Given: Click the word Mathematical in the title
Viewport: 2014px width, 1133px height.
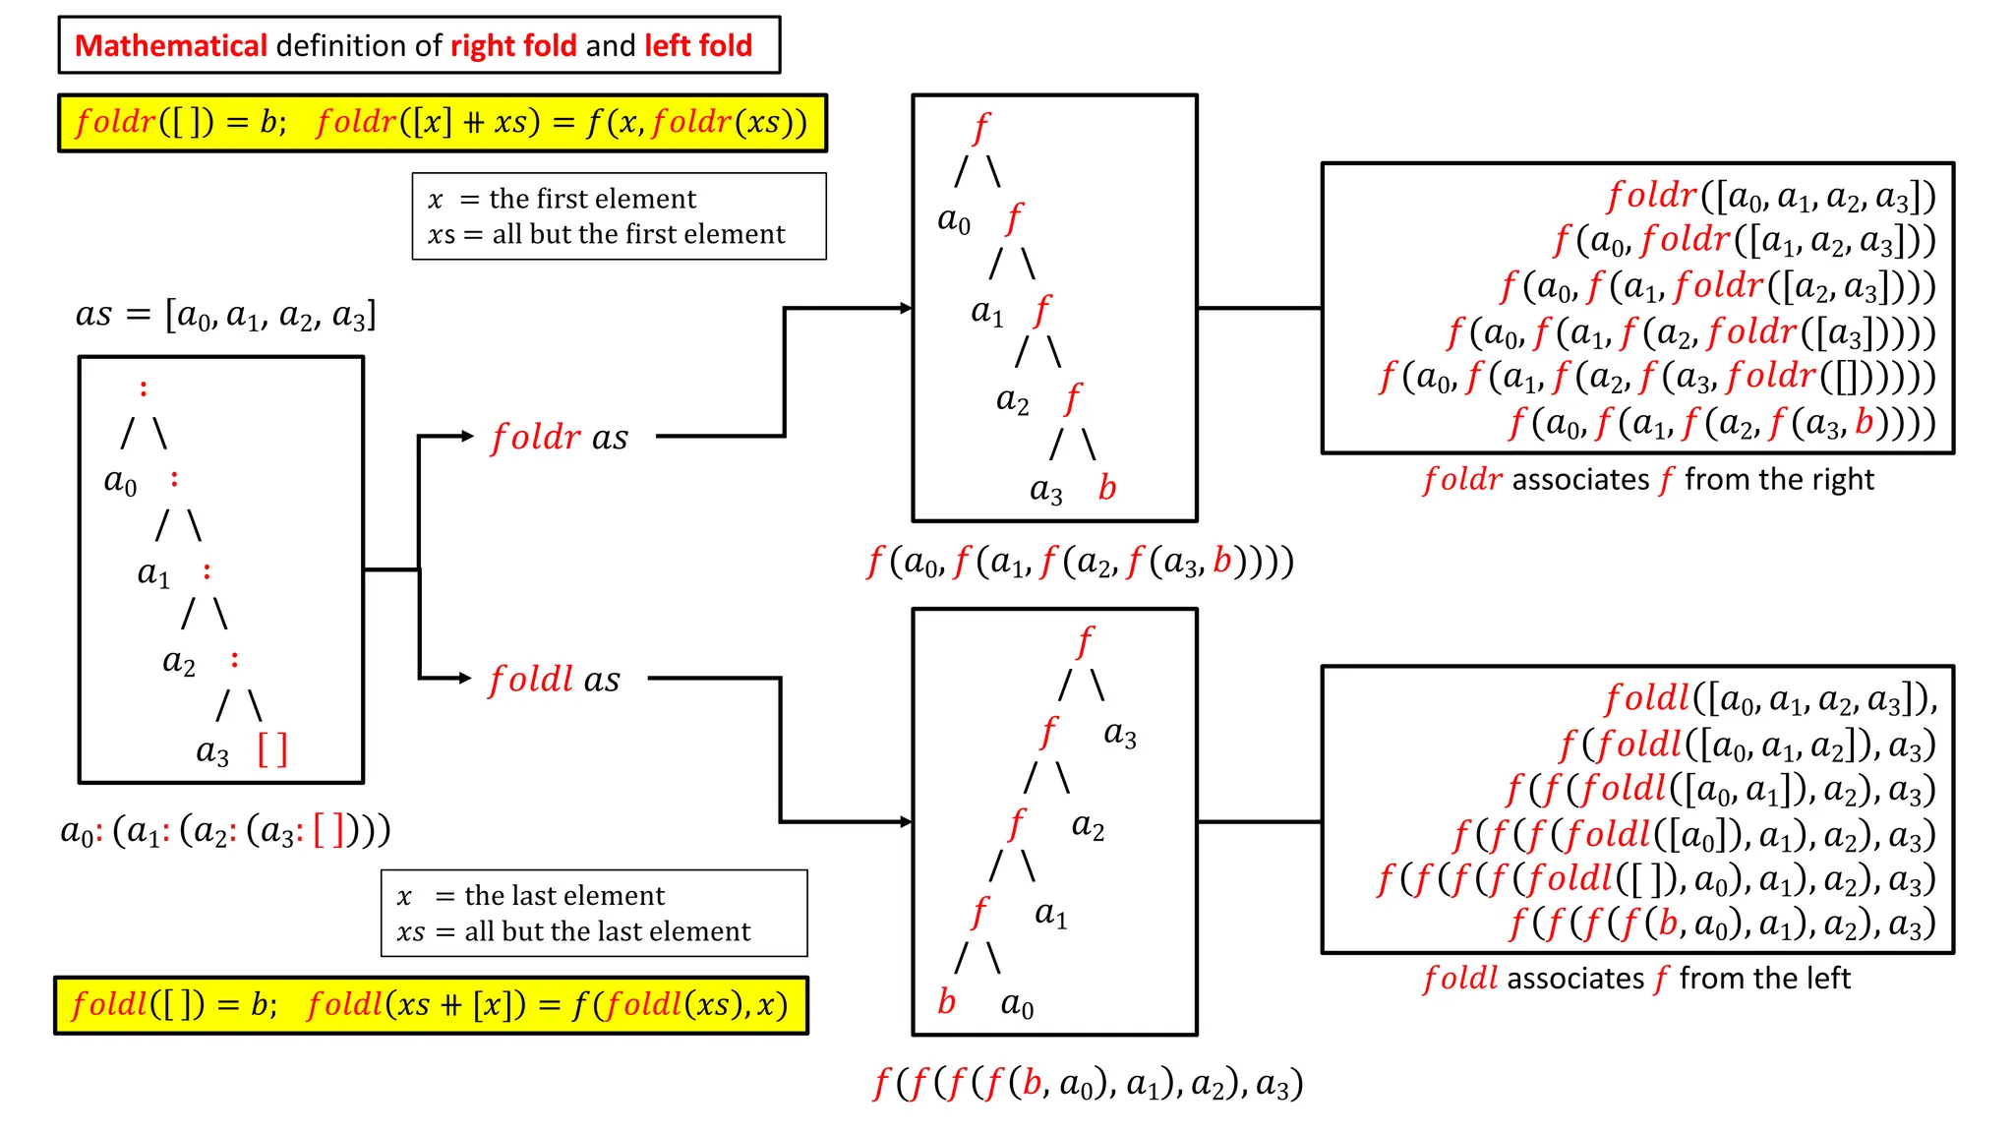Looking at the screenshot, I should click(171, 45).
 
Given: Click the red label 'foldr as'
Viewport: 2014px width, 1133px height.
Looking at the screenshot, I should click(560, 437).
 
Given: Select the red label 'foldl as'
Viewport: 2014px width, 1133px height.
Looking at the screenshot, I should click(555, 679).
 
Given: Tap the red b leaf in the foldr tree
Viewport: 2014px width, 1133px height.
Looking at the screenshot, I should click(1107, 488).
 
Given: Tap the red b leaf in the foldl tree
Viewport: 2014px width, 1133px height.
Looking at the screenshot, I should click(946, 1001).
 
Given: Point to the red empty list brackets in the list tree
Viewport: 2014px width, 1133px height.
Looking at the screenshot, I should click(272, 749).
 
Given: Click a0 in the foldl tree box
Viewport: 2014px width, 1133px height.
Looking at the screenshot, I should click(1017, 1004).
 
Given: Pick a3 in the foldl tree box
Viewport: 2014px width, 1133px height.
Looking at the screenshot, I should click(1120, 733).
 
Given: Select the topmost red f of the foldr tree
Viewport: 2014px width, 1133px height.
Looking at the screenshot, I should click(980, 129).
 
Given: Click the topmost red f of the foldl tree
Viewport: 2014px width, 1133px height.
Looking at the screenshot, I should click(1084, 642).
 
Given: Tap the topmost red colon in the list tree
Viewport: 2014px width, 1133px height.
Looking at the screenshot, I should click(144, 388).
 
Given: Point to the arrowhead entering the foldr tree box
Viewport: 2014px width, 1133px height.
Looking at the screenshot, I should click(906, 308).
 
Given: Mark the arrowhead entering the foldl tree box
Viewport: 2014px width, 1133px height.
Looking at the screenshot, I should click(906, 821).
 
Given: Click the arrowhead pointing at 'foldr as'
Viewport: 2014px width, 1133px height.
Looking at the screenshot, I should click(467, 436).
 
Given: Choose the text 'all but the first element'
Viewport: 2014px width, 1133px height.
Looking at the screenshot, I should click(639, 234).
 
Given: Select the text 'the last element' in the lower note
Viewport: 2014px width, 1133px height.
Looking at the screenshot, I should click(564, 896).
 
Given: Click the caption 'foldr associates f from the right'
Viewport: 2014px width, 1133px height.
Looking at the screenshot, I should click(1648, 480).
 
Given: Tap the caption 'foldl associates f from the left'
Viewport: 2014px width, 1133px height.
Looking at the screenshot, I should click(1636, 979).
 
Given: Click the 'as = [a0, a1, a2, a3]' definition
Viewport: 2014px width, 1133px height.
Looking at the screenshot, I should click(226, 316).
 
